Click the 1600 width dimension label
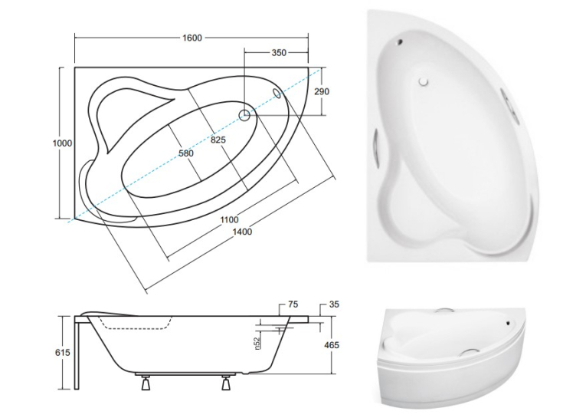192,38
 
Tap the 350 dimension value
279,53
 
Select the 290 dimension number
322,91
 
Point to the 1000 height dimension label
62,143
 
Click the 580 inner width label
186,153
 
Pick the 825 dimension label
218,140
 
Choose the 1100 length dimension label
229,219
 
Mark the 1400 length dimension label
242,232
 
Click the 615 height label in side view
63,352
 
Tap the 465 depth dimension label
331,344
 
